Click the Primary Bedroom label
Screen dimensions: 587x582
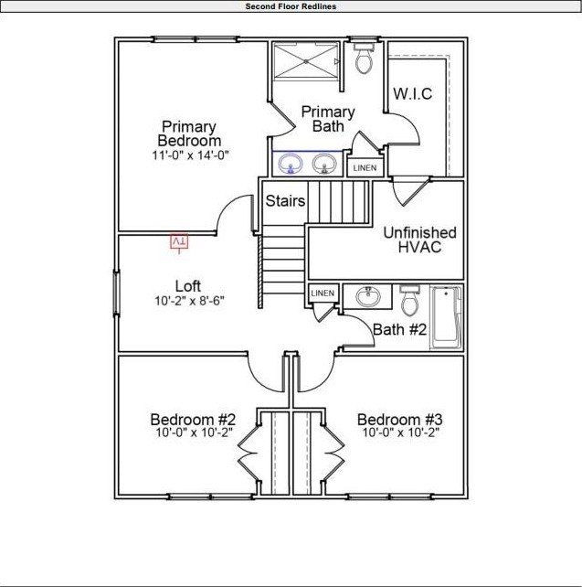[189, 133]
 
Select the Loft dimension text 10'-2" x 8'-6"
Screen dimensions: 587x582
[188, 301]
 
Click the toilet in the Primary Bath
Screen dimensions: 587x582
[364, 59]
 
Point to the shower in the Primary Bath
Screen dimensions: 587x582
[305, 61]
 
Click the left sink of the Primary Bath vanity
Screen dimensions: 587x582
[291, 165]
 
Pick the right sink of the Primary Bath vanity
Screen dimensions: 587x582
[323, 165]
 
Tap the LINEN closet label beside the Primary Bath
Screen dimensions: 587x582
[364, 168]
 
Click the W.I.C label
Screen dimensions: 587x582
[412, 94]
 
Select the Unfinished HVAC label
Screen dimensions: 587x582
[419, 240]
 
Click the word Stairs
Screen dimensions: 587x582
[285, 200]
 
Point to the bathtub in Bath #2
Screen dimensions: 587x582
[446, 316]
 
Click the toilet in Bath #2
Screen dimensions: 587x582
[409, 300]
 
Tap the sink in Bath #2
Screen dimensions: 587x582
[369, 297]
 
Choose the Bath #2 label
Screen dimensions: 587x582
[399, 329]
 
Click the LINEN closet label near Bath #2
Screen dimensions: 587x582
[323, 293]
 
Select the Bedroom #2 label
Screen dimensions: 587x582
[193, 420]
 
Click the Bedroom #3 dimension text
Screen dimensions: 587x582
[401, 432]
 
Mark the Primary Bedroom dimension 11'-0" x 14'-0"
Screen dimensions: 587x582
[189, 155]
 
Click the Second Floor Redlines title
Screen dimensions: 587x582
[291, 6]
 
